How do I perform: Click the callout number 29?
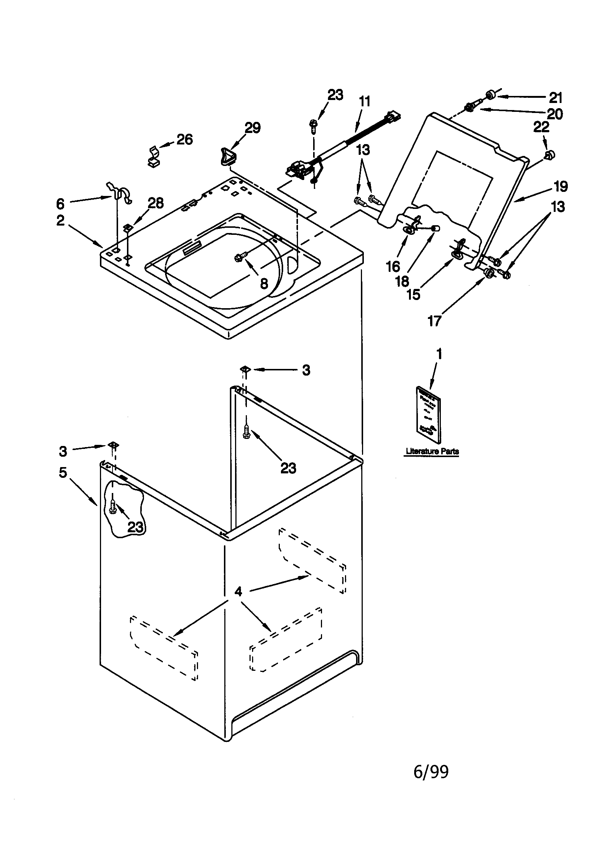click(252, 128)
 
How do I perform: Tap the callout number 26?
click(184, 140)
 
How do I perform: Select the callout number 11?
click(364, 101)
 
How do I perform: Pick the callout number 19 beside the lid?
click(561, 186)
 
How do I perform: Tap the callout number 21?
click(555, 98)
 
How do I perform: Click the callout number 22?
click(541, 127)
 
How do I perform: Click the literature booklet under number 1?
click(429, 414)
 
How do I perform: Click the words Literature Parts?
click(432, 451)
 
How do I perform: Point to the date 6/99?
click(431, 772)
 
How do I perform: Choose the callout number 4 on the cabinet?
click(238, 591)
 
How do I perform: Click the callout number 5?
click(63, 472)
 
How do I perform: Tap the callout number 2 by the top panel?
click(60, 221)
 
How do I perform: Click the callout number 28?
click(155, 203)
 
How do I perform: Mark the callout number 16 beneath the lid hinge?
click(392, 267)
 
